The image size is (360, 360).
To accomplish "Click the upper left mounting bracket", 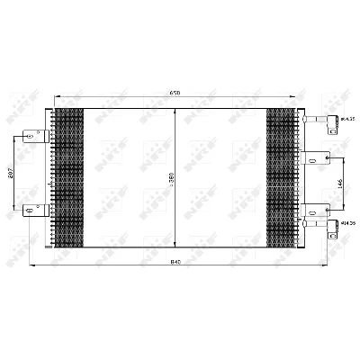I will (37, 137).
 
